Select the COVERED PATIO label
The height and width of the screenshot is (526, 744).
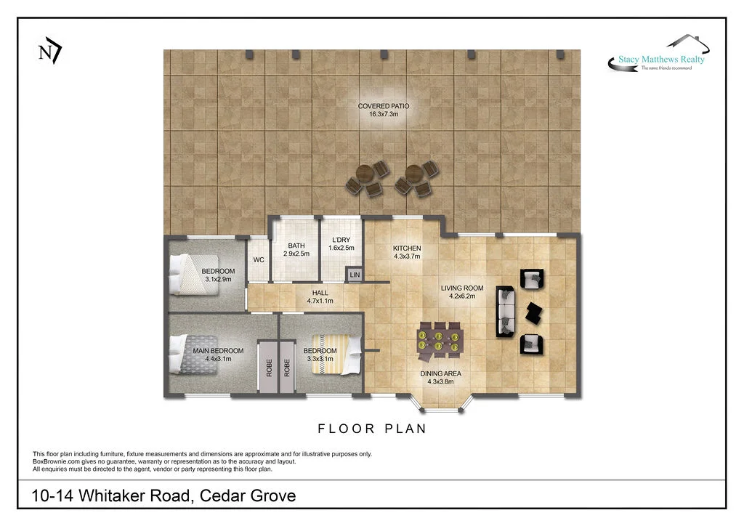coord(378,110)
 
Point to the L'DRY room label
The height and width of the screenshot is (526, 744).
coord(341,243)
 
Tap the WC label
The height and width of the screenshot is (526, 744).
coord(258,260)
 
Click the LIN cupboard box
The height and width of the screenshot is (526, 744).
coord(355,275)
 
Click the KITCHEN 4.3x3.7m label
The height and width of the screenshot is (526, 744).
coord(407,252)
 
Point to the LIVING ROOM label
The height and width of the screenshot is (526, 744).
coord(462,292)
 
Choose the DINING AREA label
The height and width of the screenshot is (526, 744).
coord(440,378)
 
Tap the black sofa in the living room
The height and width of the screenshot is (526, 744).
coord(505,312)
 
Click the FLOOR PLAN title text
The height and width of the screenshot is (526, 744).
coord(372,429)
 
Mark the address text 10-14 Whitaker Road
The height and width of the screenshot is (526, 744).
coord(163,496)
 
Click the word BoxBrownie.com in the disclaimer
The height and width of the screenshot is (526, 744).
coord(56,461)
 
